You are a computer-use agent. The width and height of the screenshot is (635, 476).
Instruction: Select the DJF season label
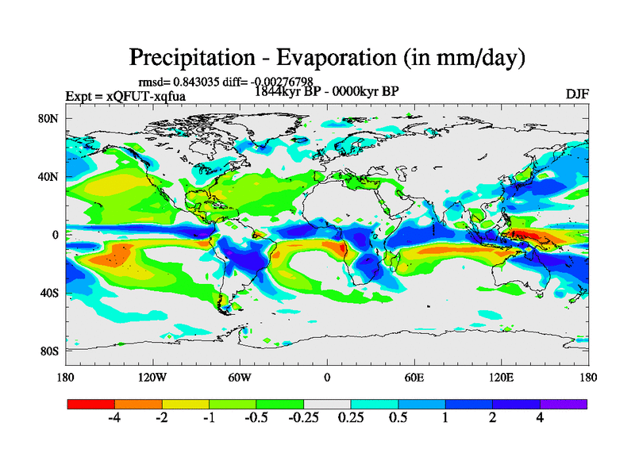pyautogui.click(x=575, y=94)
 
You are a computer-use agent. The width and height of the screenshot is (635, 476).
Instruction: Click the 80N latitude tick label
pyautogui.click(x=49, y=118)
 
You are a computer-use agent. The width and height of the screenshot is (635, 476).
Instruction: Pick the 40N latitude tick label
pyautogui.click(x=49, y=176)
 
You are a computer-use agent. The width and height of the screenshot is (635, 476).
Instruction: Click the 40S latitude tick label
pyautogui.click(x=49, y=293)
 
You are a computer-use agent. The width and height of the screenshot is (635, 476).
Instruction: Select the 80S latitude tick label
pyautogui.click(x=49, y=351)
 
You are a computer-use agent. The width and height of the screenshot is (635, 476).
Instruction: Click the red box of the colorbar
pyautogui.click(x=91, y=404)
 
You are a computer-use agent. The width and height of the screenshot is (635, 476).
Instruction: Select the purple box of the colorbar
pyautogui.click(x=564, y=404)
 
